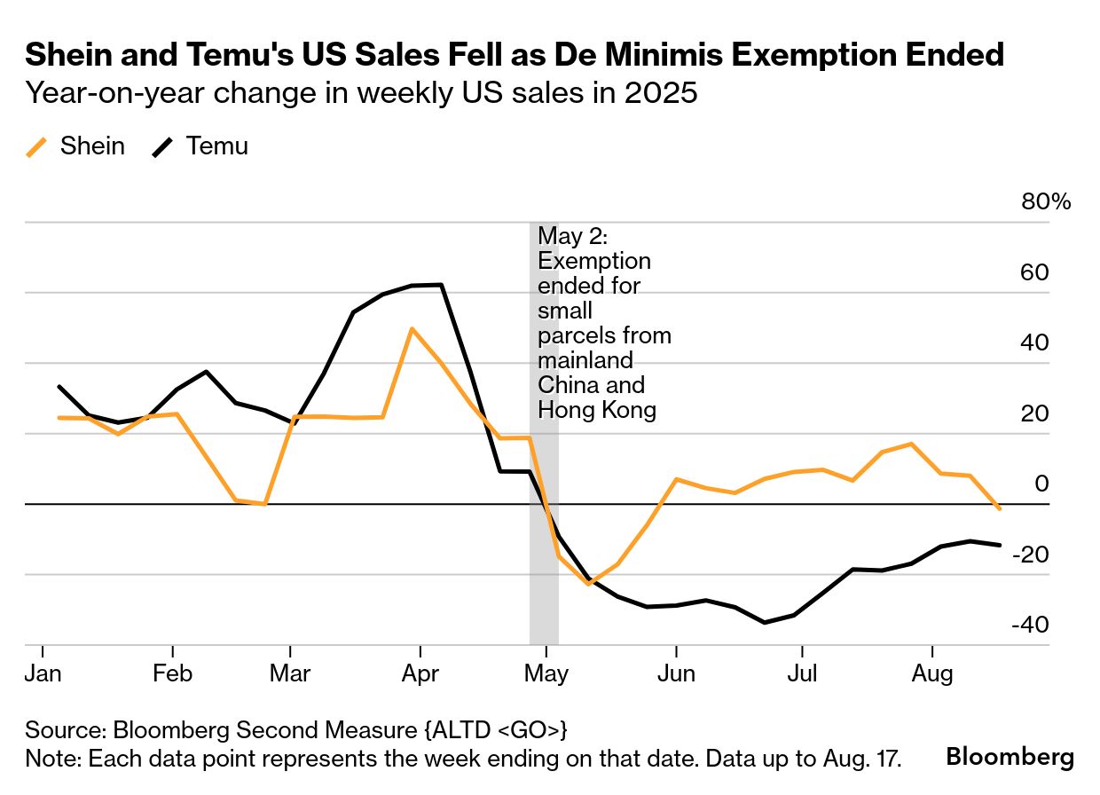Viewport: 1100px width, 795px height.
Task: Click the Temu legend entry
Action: (x=201, y=146)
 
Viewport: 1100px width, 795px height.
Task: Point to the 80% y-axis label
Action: (x=1047, y=202)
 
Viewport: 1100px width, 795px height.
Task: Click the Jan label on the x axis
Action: (x=43, y=674)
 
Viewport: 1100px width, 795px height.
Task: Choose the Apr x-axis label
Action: (x=420, y=674)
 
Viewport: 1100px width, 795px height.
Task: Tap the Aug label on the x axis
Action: (x=932, y=674)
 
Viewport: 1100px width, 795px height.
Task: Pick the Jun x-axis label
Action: (x=676, y=674)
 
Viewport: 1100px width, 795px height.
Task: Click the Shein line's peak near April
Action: (x=412, y=328)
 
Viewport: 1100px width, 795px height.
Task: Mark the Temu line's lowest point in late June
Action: (x=765, y=623)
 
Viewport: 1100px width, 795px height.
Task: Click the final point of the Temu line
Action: (x=1001, y=545)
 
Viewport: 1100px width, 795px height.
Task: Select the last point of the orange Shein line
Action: (x=1001, y=509)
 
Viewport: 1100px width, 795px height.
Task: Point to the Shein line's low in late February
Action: (x=264, y=504)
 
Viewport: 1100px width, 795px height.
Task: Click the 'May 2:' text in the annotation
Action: (x=569, y=237)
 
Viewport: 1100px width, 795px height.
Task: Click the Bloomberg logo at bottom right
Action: (x=1010, y=757)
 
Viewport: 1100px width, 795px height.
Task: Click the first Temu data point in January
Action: (x=59, y=386)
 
